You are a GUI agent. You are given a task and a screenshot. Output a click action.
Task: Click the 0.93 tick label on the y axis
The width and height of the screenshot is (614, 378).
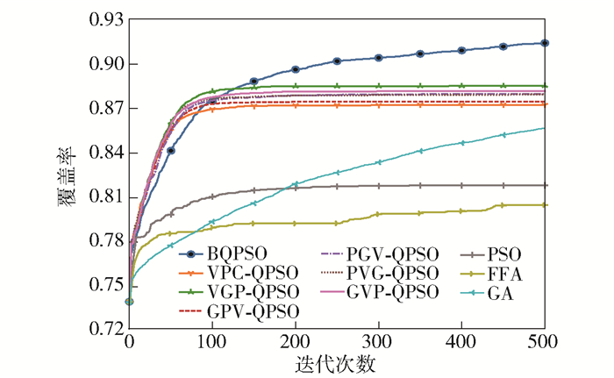coord(104,19)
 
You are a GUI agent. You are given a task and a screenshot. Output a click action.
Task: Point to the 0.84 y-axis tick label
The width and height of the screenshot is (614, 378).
coord(104,153)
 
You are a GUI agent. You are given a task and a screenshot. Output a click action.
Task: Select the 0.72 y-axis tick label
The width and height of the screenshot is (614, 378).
coord(104,330)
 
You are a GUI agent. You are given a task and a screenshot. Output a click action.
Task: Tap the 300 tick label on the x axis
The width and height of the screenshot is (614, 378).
coord(379,343)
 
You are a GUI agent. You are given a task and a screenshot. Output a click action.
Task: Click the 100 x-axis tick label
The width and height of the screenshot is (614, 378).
coord(213,343)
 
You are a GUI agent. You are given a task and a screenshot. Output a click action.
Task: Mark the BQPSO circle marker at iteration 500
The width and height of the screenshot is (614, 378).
coord(545,42)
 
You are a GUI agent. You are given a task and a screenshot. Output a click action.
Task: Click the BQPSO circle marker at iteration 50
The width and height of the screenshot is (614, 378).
coord(171,151)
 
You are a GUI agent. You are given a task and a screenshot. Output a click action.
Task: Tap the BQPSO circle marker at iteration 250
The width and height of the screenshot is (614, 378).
coord(337,61)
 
